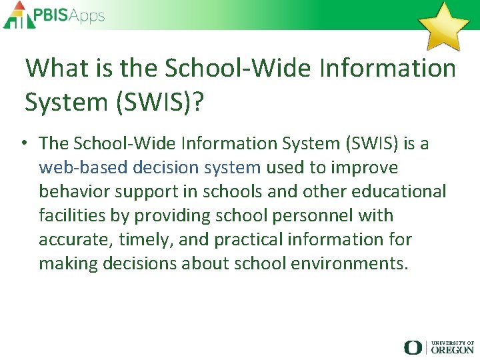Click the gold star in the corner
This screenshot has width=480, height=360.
tap(443, 26)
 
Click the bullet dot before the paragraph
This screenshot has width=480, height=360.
tap(23, 143)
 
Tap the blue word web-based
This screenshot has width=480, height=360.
tap(83, 167)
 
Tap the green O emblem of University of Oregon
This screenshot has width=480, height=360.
tap(413, 347)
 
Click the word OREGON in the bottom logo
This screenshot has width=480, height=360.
tap(452, 349)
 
